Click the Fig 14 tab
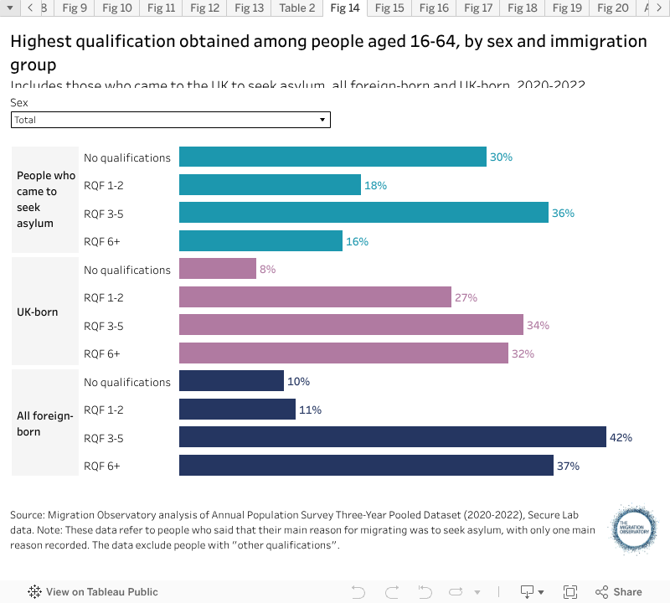tap(345, 8)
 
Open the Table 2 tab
tap(297, 8)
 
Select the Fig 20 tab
tap(611, 8)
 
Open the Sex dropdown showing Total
tap(171, 120)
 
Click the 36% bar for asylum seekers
tap(363, 213)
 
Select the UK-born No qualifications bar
tap(218, 269)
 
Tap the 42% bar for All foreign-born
tap(392, 437)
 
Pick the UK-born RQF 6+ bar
tap(343, 353)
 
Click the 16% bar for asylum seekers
tap(260, 241)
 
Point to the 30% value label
tap(501, 157)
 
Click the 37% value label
tap(568, 466)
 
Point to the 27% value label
tap(466, 297)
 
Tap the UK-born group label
tap(38, 312)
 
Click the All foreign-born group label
tap(46, 424)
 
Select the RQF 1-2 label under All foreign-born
tap(104, 410)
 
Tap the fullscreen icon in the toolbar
tap(570, 591)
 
